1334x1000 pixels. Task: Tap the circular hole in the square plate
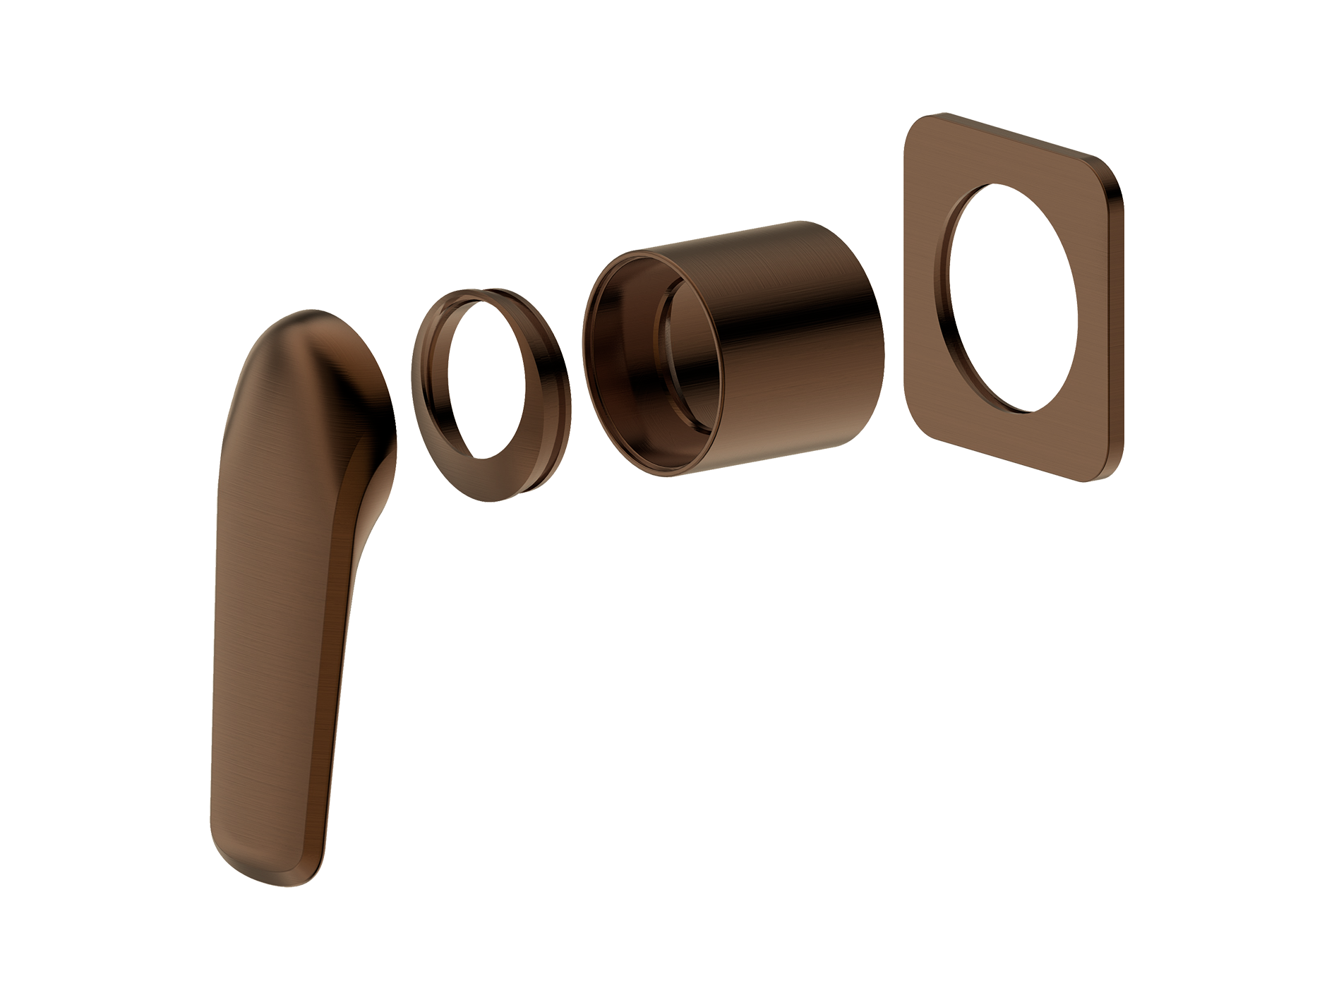(1013, 296)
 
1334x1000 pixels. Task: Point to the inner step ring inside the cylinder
(667, 353)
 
